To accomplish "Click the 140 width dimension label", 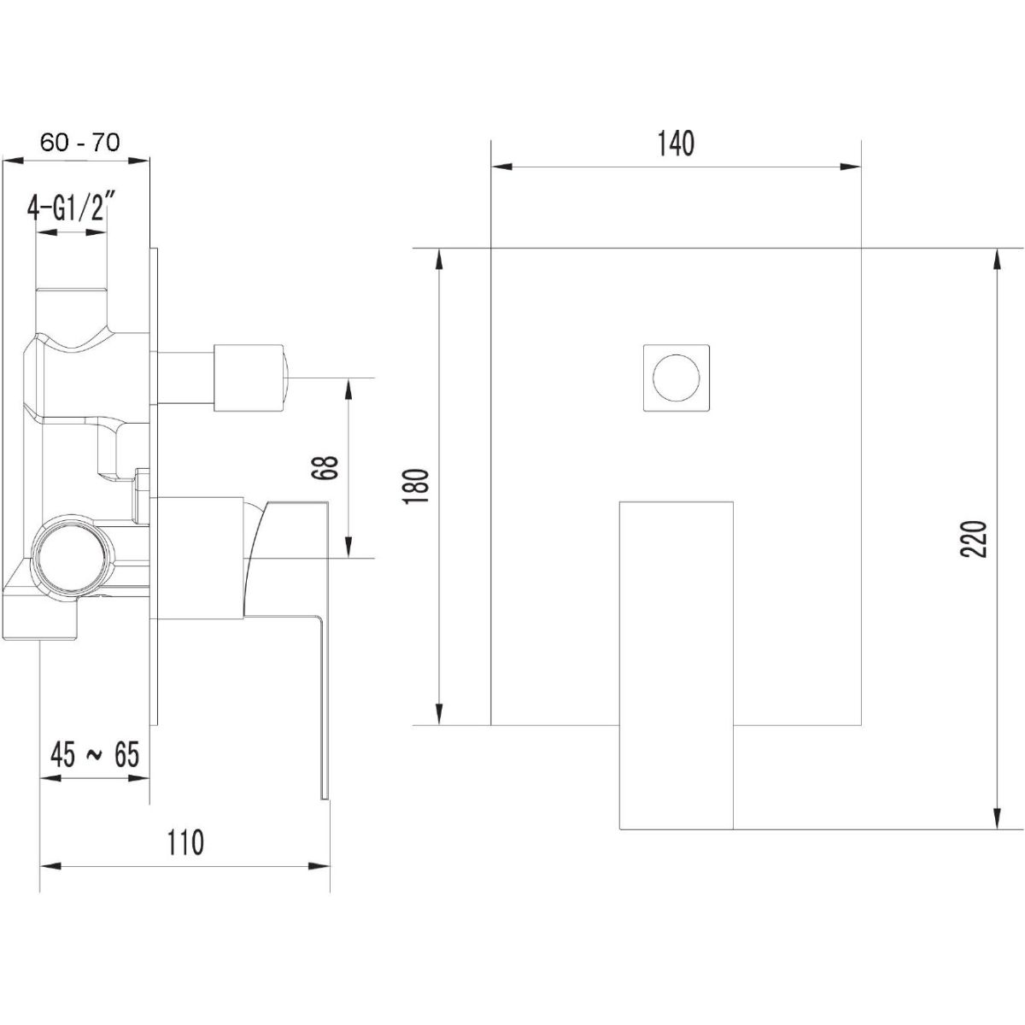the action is tap(676, 144).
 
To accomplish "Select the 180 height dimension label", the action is tap(417, 487).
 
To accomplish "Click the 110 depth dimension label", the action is tap(185, 842).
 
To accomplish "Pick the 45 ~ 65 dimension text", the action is tap(95, 754).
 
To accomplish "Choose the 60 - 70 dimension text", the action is tap(81, 143).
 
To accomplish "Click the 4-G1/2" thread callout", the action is tap(72, 210).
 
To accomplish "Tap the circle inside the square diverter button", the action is tap(676, 378).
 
